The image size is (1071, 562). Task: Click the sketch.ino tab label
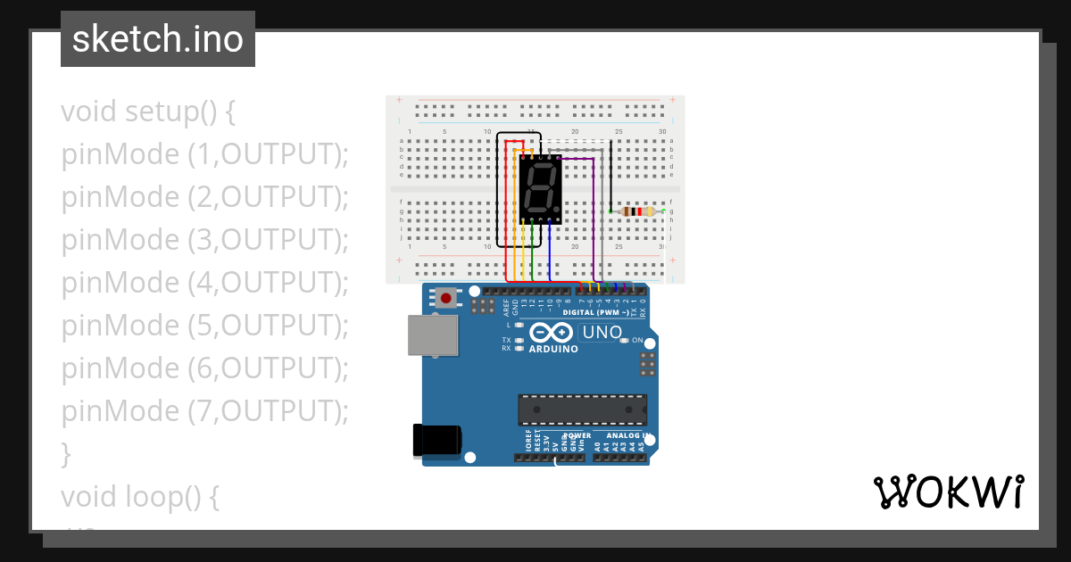tap(158, 39)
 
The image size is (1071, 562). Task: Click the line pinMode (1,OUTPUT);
tap(204, 154)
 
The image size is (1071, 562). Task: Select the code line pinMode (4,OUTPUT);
tap(204, 283)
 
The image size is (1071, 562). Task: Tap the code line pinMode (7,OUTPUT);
tap(204, 411)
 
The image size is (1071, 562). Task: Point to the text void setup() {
tap(148, 112)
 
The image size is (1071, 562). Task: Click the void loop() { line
tap(140, 496)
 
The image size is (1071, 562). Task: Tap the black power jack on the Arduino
tap(436, 441)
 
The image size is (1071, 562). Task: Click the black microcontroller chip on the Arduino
tap(583, 409)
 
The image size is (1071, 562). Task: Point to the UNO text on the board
tap(602, 333)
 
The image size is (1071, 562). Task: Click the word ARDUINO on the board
tap(553, 349)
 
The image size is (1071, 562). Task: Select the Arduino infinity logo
tap(552, 333)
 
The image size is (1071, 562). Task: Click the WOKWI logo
tap(948, 492)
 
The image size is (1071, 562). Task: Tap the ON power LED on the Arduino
tap(625, 341)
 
